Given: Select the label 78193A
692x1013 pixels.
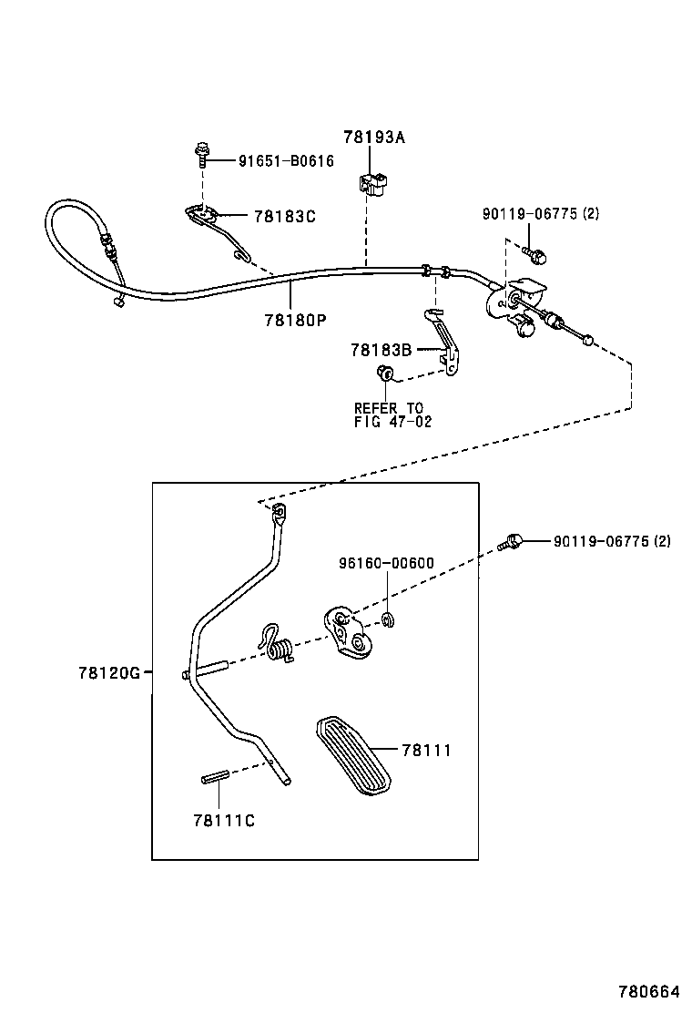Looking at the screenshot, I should [373, 138].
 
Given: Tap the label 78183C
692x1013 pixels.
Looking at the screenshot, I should [284, 216].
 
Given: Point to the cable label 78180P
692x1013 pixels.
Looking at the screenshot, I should [294, 321].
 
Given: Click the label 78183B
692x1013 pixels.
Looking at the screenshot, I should [382, 350].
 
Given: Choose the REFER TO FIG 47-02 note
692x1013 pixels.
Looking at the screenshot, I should [392, 414].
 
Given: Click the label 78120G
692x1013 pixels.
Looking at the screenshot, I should [108, 673].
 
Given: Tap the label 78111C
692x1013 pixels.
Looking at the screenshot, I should [223, 820].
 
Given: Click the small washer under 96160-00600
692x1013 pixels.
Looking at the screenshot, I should [388, 621].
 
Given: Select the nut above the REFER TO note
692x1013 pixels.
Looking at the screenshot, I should [384, 373].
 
